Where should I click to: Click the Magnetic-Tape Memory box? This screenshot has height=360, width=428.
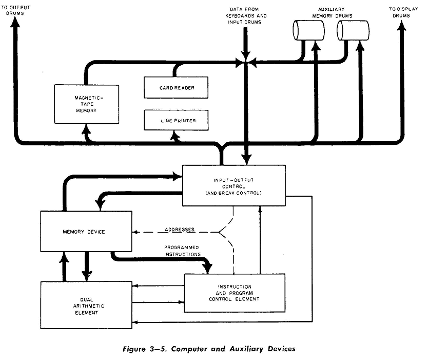(x=86, y=104)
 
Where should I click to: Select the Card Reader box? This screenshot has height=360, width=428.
(x=177, y=87)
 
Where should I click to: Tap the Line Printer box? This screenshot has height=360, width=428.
(x=177, y=120)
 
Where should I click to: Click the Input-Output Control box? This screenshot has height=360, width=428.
(x=234, y=186)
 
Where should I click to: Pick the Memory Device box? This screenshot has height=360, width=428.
(x=86, y=232)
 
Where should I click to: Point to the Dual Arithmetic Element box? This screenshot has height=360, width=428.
(x=86, y=305)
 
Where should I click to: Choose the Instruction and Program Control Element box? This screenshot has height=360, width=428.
(x=234, y=293)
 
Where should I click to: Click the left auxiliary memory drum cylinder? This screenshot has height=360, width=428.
(x=308, y=30)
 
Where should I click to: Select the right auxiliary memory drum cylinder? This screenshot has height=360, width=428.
(x=354, y=30)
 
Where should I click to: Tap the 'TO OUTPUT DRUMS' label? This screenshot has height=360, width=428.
(x=16, y=10)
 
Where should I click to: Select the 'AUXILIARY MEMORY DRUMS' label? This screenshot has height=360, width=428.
(x=332, y=12)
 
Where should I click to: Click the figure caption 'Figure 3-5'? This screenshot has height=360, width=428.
(x=209, y=349)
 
